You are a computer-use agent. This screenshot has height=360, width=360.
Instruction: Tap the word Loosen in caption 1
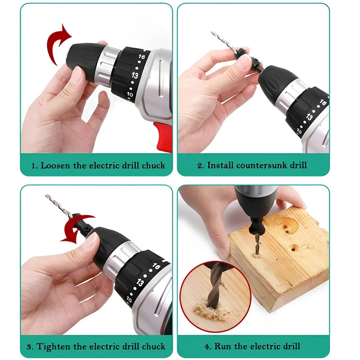point(55,166)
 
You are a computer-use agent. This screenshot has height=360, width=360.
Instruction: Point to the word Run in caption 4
point(223,346)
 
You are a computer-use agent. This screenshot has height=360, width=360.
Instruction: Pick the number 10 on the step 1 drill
point(130,94)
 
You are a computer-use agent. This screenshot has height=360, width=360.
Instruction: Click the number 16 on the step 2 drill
point(322,103)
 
